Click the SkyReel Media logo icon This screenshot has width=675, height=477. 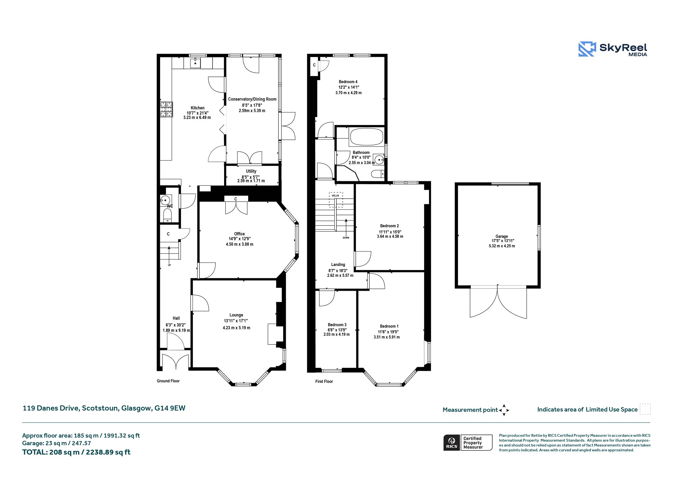pyautogui.click(x=587, y=49)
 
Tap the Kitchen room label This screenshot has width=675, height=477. pyautogui.click(x=197, y=108)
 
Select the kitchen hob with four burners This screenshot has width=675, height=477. pyautogui.click(x=166, y=109)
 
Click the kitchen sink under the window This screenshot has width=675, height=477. pyautogui.click(x=195, y=63)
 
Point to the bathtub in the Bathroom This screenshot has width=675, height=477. pyautogui.click(x=367, y=137)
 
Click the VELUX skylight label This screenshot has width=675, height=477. pyautogui.click(x=335, y=195)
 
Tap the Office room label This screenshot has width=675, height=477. pyautogui.click(x=240, y=234)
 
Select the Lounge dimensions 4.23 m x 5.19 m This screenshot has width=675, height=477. pyautogui.click(x=236, y=328)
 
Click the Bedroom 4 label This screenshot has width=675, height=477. pyautogui.click(x=348, y=82)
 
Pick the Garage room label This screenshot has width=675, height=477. pyautogui.click(x=502, y=236)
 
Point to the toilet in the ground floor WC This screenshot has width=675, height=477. pyautogui.click(x=167, y=215)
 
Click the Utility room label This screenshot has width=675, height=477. pyautogui.click(x=251, y=171)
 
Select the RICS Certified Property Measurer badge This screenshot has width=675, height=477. pyautogui.click(x=468, y=442)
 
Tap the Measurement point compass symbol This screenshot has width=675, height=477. pyautogui.click(x=504, y=410)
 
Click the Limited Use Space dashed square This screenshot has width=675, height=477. pyautogui.click(x=645, y=409)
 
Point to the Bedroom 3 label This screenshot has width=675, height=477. pyautogui.click(x=337, y=325)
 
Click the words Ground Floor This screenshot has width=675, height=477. pyautogui.click(x=168, y=381)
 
